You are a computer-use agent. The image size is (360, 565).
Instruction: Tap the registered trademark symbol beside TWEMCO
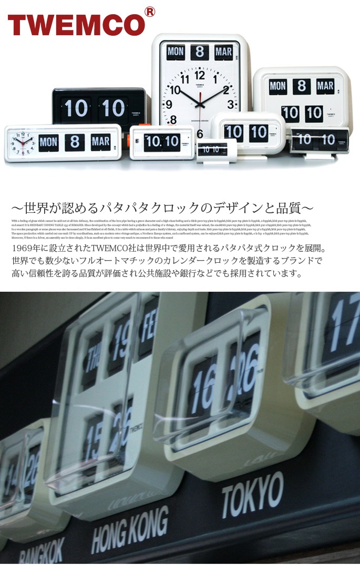(150, 12)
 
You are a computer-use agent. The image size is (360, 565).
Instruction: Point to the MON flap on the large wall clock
(176, 52)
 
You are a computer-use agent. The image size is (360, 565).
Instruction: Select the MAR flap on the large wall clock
(223, 52)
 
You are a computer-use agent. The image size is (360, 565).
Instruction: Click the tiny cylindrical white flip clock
(215, 150)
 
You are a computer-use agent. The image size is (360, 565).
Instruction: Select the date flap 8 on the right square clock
(301, 87)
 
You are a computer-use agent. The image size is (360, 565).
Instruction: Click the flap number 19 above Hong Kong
(120, 336)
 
